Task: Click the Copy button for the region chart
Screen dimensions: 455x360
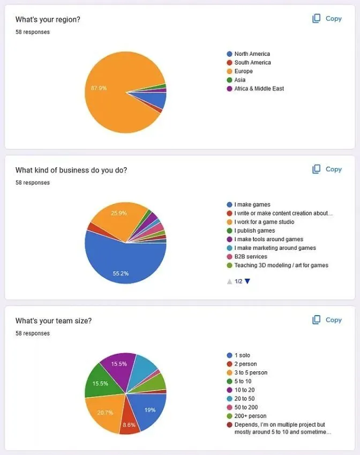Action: pos(327,19)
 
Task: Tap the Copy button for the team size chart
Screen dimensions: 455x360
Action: pos(327,320)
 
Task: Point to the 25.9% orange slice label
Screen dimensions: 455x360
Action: pos(118,213)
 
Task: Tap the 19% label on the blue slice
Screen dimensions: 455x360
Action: pos(149,410)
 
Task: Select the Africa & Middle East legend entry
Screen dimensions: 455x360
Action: pos(258,88)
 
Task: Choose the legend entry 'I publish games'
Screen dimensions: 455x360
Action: pos(254,230)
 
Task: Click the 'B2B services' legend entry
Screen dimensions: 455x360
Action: pos(250,257)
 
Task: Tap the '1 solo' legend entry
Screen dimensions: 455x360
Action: pos(242,355)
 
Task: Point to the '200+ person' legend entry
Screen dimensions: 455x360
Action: pos(250,416)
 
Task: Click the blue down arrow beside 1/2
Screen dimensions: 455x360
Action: pos(247,281)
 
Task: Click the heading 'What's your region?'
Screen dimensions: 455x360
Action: pos(48,20)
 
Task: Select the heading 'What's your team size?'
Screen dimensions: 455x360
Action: pos(53,321)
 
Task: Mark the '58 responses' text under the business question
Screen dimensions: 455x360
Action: pos(32,183)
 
